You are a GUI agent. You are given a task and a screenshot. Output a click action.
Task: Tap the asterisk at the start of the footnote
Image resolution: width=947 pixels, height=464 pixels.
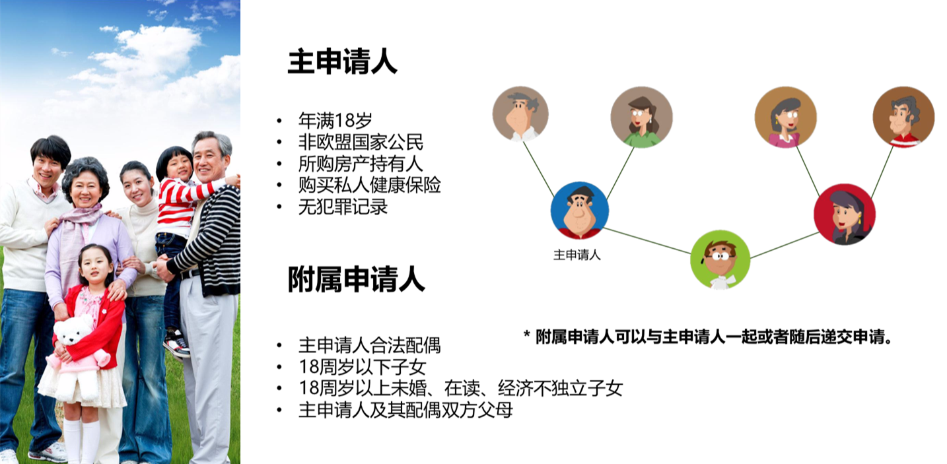point(527,335)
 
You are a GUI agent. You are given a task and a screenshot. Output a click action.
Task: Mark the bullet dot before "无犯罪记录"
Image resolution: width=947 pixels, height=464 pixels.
point(279,207)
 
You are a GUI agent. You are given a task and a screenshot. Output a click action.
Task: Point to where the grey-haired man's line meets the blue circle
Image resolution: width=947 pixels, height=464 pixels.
point(554,197)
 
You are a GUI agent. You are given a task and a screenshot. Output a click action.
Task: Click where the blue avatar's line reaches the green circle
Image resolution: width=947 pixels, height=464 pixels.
point(691,253)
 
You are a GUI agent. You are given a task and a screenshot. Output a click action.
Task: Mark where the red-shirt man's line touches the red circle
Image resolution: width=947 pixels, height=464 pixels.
point(872,198)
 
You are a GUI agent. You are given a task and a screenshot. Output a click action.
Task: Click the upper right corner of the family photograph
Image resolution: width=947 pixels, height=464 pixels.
point(240,0)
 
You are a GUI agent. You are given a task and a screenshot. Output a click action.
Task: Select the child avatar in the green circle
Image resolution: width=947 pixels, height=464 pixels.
point(720,259)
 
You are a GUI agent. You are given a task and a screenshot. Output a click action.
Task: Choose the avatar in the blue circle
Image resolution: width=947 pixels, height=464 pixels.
point(580,211)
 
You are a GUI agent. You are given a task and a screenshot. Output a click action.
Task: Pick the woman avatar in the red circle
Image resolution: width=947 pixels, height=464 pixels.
point(845,215)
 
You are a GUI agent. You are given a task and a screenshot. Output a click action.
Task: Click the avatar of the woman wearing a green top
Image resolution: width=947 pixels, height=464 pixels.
point(642,117)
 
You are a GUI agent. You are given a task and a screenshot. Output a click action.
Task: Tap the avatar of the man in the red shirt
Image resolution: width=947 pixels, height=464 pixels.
point(904,117)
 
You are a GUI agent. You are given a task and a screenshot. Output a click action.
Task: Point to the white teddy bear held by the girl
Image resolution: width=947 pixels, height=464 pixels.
point(75,355)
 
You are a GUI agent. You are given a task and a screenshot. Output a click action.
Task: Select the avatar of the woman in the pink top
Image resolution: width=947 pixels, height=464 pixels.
point(785,117)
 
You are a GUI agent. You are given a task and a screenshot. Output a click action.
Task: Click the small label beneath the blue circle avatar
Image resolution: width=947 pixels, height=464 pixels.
point(577,255)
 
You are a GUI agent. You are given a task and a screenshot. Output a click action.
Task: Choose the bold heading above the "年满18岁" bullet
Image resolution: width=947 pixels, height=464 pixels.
point(343,61)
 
